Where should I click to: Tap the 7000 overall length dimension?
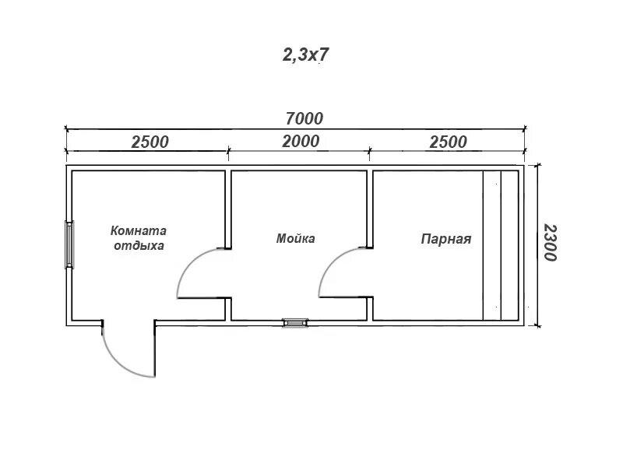(x=304, y=118)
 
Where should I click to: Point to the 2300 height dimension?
(x=550, y=243)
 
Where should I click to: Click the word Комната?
(x=139, y=230)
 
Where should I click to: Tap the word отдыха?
(x=139, y=245)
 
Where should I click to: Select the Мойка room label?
(x=296, y=238)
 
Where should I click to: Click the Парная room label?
(x=447, y=239)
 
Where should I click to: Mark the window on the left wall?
(x=69, y=245)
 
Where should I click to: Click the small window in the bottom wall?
(x=295, y=321)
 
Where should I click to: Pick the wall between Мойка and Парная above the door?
(x=370, y=207)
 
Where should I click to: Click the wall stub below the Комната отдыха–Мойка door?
(x=228, y=308)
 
